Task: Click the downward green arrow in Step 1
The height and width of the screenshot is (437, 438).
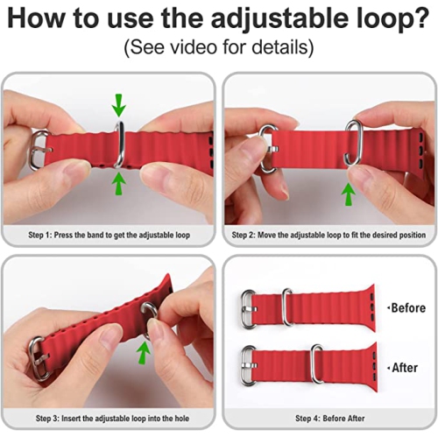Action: (x=119, y=107)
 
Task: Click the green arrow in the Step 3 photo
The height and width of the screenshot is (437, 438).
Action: (x=143, y=352)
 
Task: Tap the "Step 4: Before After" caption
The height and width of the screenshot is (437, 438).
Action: (x=328, y=419)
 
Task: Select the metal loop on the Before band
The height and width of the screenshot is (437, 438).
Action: (x=287, y=307)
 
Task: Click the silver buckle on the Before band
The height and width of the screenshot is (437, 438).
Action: (x=249, y=307)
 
